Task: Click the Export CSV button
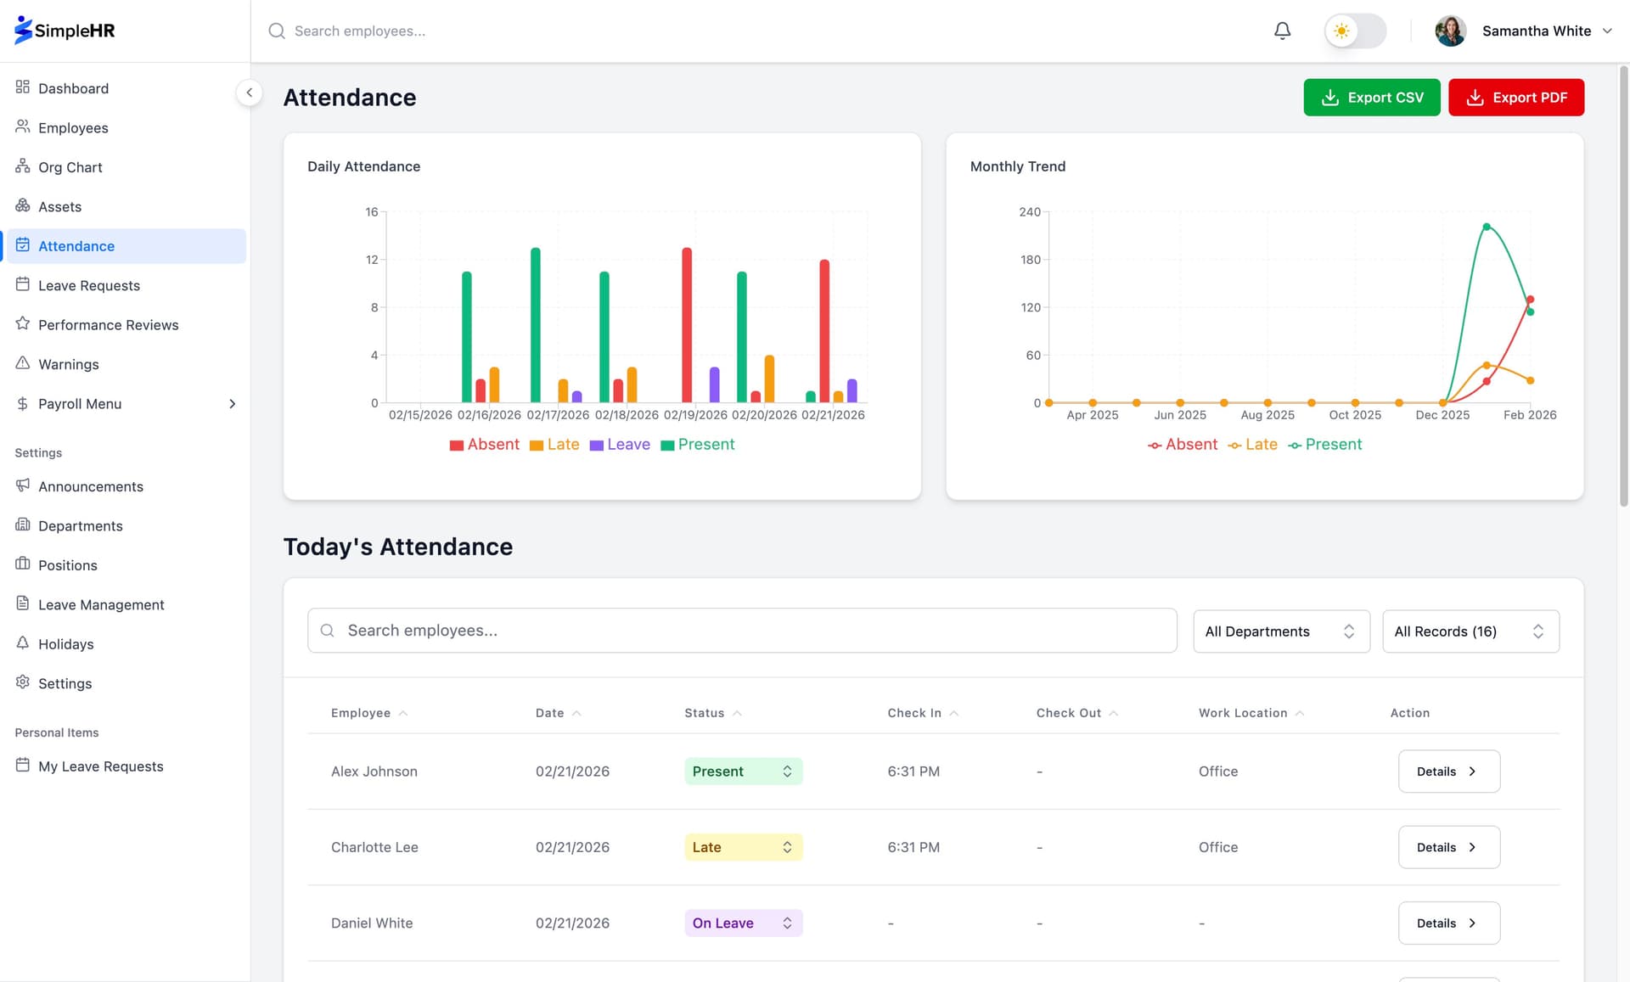pos(1371,98)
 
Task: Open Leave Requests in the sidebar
pos(88,285)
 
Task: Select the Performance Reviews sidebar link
pos(108,325)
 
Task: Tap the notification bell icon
pos(1282,31)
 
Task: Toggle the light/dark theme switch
pos(1355,31)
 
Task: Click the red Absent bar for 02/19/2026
pos(687,324)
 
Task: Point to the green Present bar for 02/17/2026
pos(535,324)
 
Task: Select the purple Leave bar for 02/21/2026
pos(852,390)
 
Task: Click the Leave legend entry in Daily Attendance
pos(620,445)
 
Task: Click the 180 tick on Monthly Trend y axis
pos(1030,260)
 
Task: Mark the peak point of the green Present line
pos(1486,227)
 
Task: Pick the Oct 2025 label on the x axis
pos(1355,415)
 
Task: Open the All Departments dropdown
pos(1280,631)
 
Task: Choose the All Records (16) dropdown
pos(1470,631)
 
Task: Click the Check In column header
pos(914,713)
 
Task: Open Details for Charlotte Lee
pos(1448,847)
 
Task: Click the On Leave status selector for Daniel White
pos(743,923)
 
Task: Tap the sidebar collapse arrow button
pos(249,93)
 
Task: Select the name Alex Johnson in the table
pos(374,772)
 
